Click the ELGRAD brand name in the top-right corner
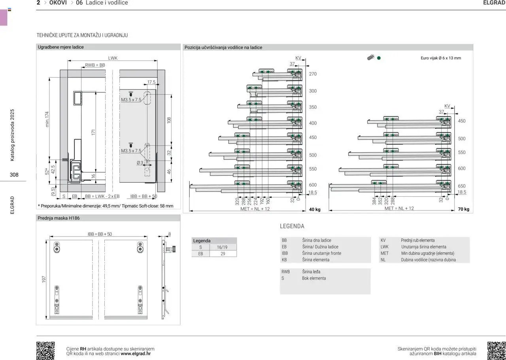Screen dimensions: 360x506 tap(494, 3)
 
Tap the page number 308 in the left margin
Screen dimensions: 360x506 tap(14, 174)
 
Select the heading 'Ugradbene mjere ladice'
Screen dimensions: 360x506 tap(61, 47)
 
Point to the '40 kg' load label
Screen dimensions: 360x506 tap(315, 209)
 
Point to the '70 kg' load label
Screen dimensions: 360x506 tap(464, 209)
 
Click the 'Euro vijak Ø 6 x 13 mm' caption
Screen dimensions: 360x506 tap(441, 58)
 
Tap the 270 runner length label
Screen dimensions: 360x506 tap(313, 74)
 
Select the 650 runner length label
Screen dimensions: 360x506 tap(462, 186)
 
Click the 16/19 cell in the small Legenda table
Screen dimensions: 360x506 tap(223, 247)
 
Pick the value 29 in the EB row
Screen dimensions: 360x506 tap(223, 254)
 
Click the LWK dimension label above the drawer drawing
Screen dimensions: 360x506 tap(113, 58)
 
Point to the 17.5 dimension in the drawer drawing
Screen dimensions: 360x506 tap(151, 82)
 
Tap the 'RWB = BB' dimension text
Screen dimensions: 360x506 tap(95, 65)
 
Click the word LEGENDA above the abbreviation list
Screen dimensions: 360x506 tap(292, 226)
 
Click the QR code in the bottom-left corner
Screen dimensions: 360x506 tap(45, 351)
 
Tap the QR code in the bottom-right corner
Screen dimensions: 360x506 tap(496, 351)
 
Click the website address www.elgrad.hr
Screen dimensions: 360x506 tap(136, 354)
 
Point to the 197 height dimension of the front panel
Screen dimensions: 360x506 tap(44, 279)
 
